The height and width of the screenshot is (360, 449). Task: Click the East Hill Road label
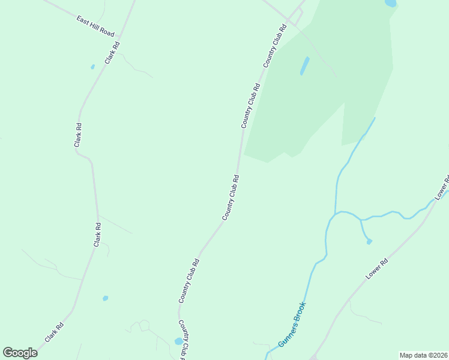point(95,26)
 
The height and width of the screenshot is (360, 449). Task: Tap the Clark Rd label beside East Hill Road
point(112,52)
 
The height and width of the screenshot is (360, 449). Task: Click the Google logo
point(20,353)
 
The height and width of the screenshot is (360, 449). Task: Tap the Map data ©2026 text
point(423,355)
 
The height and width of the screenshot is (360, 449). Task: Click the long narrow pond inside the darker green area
point(305,65)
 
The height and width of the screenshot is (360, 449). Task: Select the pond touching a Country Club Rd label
point(178,341)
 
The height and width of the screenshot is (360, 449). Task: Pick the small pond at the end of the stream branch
point(369,241)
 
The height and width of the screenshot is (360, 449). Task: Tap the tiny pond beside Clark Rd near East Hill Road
point(92,67)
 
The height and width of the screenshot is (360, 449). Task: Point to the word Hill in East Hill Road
point(95,26)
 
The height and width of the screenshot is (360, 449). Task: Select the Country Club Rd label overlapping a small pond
point(185,340)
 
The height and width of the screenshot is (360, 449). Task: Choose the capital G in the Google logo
point(8,353)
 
